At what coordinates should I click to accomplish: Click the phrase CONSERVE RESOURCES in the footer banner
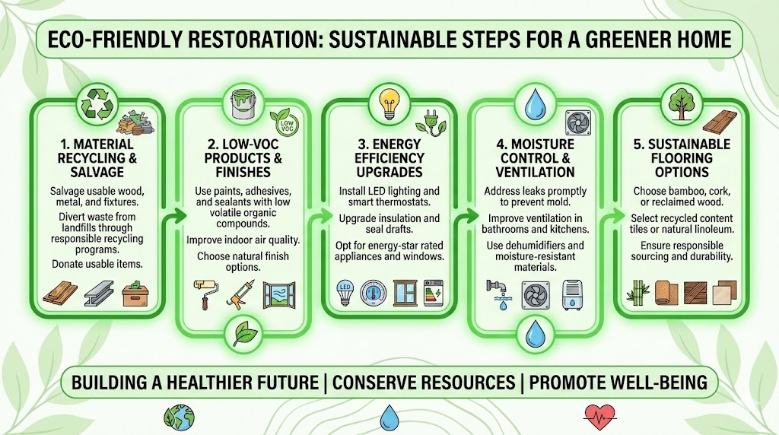point(389,381)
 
